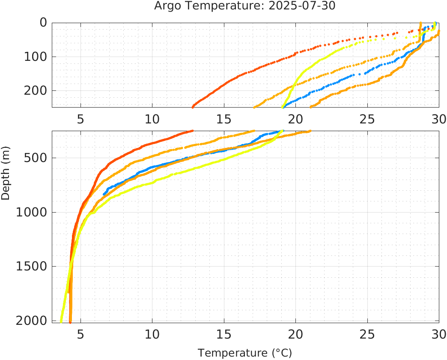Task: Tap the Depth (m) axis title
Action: click(6, 176)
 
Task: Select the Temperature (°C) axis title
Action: click(244, 353)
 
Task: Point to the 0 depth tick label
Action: click(43, 23)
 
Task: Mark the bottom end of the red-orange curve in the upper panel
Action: click(193, 107)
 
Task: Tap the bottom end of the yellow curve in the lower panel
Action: click(61, 321)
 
